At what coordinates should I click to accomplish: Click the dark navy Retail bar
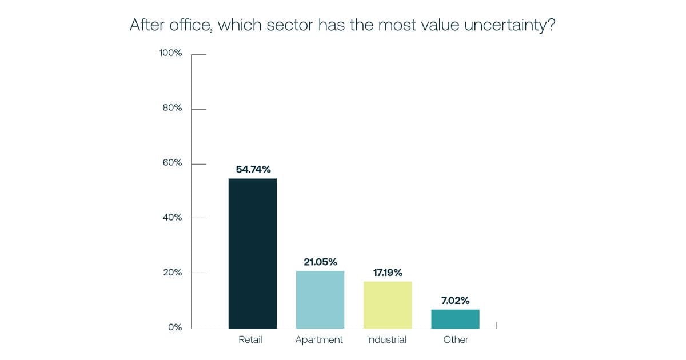252,254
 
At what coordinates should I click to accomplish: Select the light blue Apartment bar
320,300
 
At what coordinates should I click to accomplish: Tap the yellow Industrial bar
388,305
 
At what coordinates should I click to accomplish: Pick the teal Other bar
455,319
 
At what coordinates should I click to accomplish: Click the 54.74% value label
253,169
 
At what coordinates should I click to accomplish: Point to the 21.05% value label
320,262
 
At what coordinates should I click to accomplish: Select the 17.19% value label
387,272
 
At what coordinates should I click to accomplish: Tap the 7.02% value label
455,300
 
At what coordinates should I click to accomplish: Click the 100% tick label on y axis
170,53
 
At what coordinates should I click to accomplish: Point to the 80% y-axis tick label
172,108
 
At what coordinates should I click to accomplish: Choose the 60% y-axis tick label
172,163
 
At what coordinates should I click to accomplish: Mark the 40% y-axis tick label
172,218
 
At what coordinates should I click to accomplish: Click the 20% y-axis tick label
172,273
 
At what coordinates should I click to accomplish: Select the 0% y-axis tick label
175,327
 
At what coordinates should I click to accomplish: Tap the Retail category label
250,339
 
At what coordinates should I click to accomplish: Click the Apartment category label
319,340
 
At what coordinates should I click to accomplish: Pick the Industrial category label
386,339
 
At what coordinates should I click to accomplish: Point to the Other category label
456,339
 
